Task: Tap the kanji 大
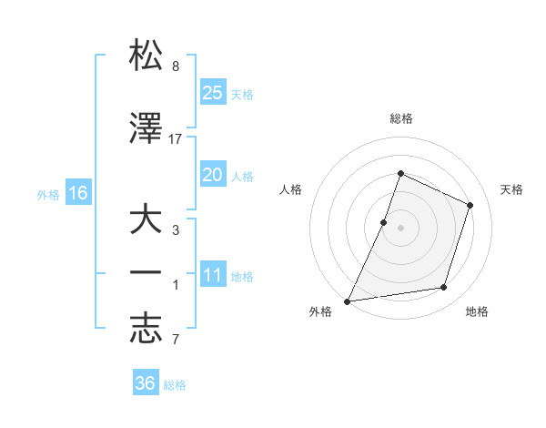click(146, 221)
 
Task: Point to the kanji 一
click(146, 274)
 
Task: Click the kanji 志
click(146, 329)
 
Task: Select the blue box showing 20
click(212, 175)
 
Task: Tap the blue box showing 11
click(212, 275)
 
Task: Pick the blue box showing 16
click(77, 192)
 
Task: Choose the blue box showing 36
click(146, 383)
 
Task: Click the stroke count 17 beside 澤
click(176, 138)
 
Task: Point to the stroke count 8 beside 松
click(176, 66)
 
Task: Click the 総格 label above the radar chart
click(400, 118)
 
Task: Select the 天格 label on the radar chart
click(512, 189)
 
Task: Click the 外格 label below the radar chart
click(321, 312)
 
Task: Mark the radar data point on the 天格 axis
click(470, 205)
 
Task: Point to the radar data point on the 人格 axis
click(384, 222)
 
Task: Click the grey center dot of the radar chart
click(400, 228)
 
